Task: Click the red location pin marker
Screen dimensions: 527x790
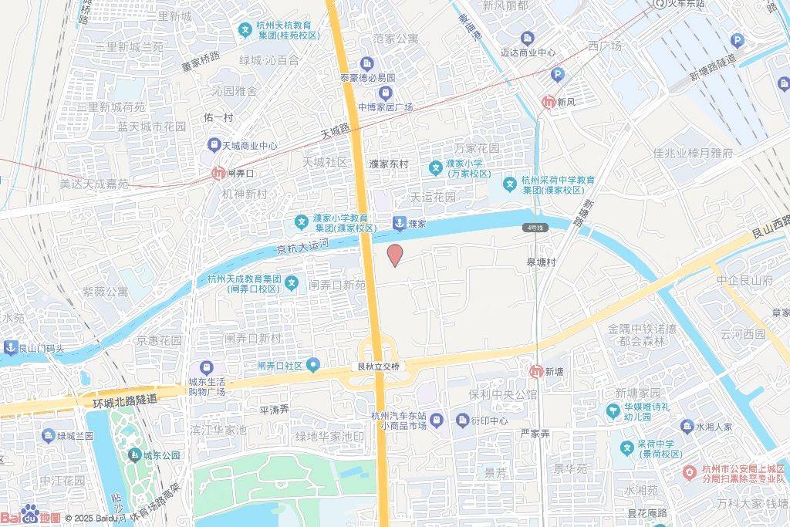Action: (394, 255)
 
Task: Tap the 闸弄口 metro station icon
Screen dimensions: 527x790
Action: (218, 174)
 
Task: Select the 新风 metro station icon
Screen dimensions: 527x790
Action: (549, 101)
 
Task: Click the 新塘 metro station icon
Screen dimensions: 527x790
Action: (535, 371)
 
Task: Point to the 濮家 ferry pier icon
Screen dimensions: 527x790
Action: (399, 223)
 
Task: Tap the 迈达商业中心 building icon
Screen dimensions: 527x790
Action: (527, 38)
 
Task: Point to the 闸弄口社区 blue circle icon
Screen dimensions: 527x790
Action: (312, 364)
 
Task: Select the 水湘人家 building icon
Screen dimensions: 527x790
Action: (687, 425)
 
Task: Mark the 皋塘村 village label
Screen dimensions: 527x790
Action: (542, 262)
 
